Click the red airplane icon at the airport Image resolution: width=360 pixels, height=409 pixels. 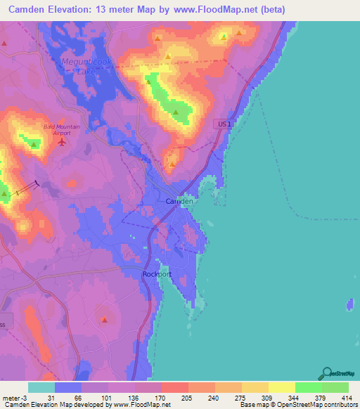click(x=62, y=143)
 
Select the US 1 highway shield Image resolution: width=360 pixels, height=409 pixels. click(x=224, y=124)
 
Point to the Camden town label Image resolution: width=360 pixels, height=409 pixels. click(x=179, y=201)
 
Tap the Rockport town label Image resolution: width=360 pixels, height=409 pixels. click(x=157, y=274)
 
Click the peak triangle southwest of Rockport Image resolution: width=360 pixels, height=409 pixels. click(x=104, y=320)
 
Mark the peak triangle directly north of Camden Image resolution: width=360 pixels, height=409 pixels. click(x=172, y=165)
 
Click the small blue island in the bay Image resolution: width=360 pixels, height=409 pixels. click(x=349, y=305)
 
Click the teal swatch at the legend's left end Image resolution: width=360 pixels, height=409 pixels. click(x=41, y=387)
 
